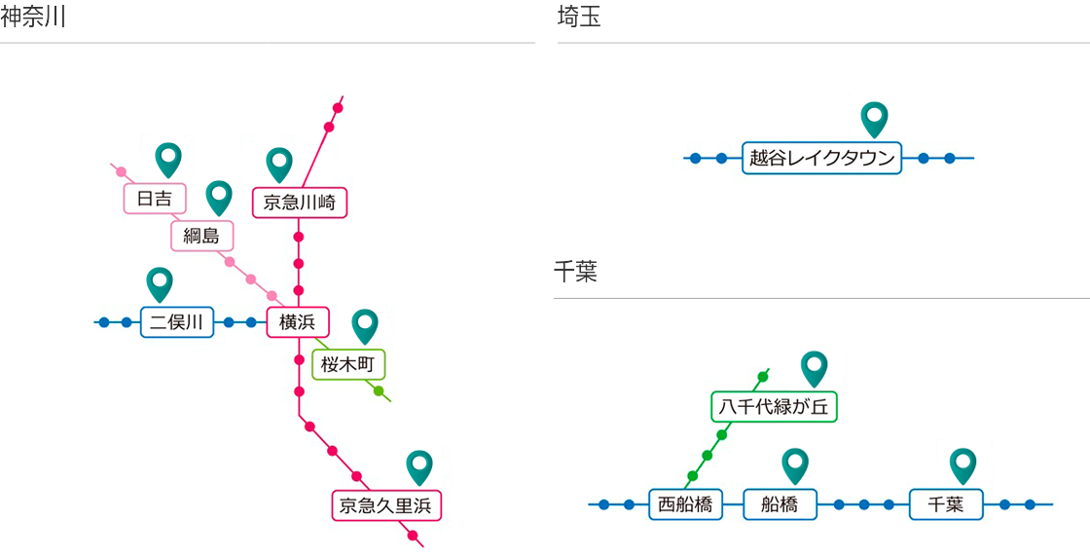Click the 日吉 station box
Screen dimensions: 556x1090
[155, 199]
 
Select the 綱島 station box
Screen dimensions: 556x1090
[202, 235]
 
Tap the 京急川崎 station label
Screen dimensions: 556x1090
[299, 203]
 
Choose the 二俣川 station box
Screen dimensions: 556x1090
[177, 322]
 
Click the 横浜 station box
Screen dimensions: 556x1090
[298, 322]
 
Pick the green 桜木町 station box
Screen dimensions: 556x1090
[348, 365]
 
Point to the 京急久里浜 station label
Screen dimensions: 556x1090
[387, 505]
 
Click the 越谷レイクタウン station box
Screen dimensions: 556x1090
[822, 158]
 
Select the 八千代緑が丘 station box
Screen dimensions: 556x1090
[774, 407]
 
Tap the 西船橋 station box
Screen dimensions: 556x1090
[685, 504]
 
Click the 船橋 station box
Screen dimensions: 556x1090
[780, 504]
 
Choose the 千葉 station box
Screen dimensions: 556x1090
[946, 504]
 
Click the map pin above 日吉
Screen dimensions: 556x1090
[169, 158]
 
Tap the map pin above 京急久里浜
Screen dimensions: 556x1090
[419, 466]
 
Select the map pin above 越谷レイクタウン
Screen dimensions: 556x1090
[875, 118]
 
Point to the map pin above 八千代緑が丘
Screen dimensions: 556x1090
[814, 367]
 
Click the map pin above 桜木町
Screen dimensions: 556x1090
[365, 324]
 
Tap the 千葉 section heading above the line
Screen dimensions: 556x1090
[575, 272]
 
